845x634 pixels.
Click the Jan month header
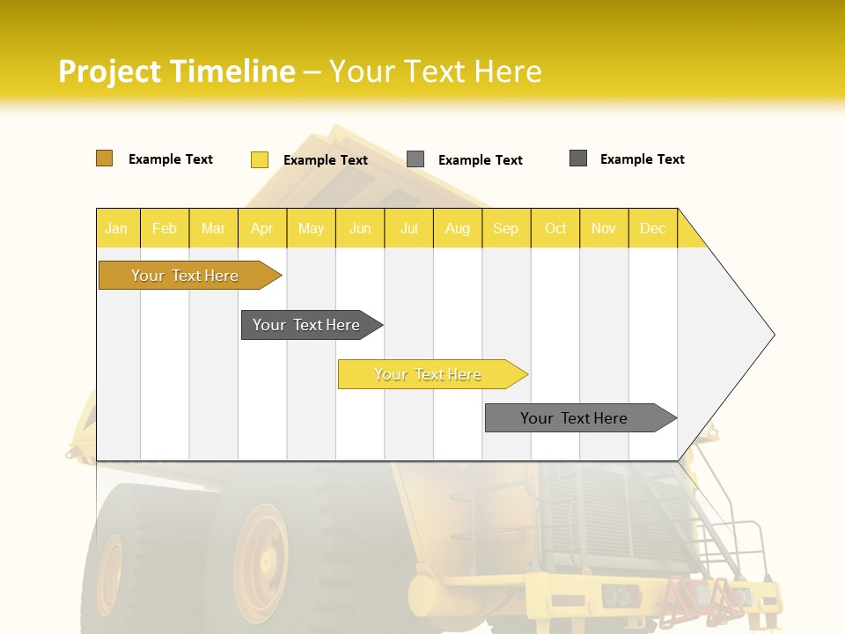click(116, 228)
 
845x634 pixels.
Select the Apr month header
click(261, 228)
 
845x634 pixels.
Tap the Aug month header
click(457, 228)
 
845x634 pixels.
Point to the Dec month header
click(652, 228)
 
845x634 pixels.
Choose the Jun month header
click(359, 228)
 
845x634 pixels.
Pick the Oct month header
click(555, 228)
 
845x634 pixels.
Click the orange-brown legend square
click(104, 158)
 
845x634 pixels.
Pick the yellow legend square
click(259, 159)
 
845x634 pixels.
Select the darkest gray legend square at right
click(578, 158)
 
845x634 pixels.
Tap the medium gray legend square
click(415, 159)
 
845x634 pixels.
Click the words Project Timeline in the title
click(176, 71)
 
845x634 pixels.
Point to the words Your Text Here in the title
click(436, 71)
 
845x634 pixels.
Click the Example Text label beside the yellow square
click(326, 160)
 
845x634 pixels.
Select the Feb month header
click(165, 228)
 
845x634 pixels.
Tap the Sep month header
click(505, 228)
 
